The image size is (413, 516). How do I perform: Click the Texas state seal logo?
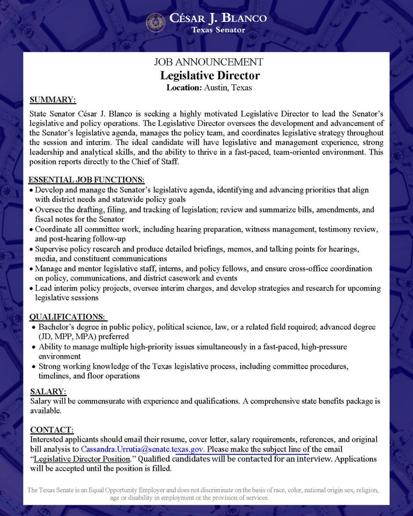point(156,23)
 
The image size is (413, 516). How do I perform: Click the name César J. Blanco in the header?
point(218,18)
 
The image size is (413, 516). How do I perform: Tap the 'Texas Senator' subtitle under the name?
point(218,30)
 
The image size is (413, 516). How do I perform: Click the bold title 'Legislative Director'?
point(210,75)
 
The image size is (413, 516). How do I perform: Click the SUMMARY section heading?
point(53,100)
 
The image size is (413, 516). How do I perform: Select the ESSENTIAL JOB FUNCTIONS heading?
point(86,179)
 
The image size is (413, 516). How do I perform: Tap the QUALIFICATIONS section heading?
point(68,317)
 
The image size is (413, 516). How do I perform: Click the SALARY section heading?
point(49,391)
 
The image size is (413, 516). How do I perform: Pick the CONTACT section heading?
point(52,429)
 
